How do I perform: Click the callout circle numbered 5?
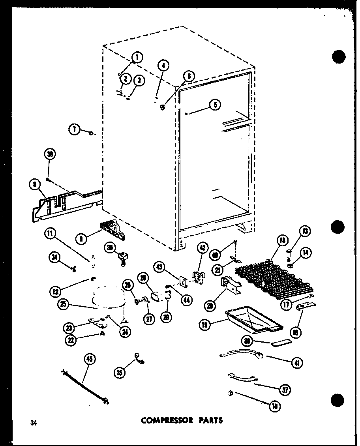click(215, 105)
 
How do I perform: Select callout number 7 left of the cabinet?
click(74, 129)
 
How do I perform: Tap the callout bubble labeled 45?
click(90, 360)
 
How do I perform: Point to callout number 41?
click(294, 363)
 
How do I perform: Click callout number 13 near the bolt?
click(306, 231)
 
